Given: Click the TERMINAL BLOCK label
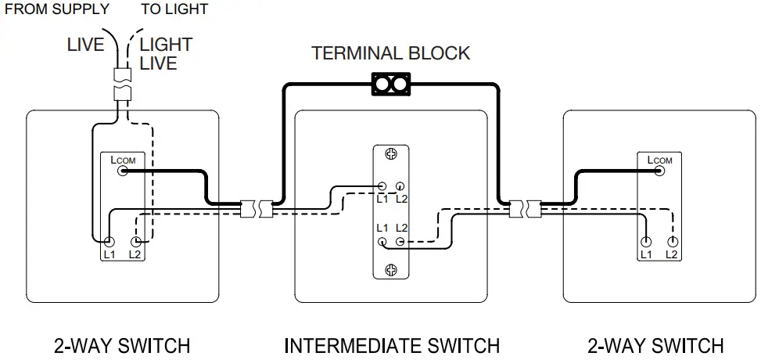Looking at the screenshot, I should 390,53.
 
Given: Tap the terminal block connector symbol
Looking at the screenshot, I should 390,84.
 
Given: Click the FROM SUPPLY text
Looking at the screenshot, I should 57,9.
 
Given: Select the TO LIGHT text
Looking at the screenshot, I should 174,9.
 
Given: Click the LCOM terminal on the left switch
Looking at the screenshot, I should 123,171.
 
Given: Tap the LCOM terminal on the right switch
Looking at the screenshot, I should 659,171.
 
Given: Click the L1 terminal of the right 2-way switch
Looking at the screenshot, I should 646,242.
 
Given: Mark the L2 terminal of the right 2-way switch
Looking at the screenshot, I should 671,242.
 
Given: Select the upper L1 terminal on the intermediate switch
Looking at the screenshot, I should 382,187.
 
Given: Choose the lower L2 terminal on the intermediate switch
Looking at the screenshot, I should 400,242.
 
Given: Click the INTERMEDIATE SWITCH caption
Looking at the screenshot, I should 391,345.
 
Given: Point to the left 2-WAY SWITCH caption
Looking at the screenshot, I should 122,345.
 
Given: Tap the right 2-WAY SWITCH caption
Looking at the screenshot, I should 655,345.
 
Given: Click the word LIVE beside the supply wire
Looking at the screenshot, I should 85,45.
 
